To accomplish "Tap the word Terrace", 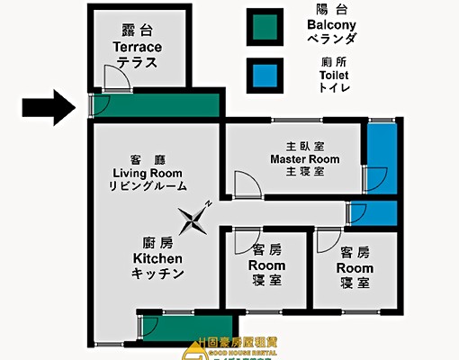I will (137, 46).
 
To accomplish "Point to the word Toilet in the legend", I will (334, 76).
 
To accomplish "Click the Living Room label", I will (149, 172).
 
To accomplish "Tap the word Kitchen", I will (157, 259).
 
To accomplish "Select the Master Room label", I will (305, 158).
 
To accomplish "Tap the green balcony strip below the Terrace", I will (157, 106).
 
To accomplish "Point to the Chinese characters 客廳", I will (149, 157).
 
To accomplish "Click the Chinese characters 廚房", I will (157, 242).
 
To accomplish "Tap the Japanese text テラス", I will (137, 62).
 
